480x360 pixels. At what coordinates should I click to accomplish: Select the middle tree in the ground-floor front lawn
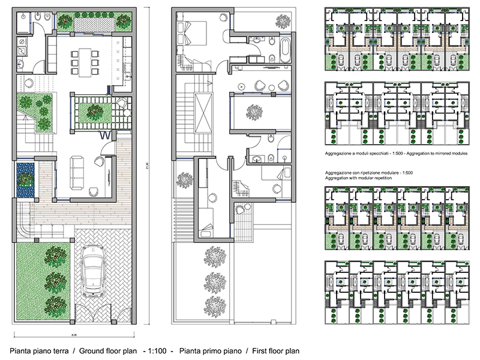tap(55, 280)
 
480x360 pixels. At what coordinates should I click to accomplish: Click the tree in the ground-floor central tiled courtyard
tap(93, 111)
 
